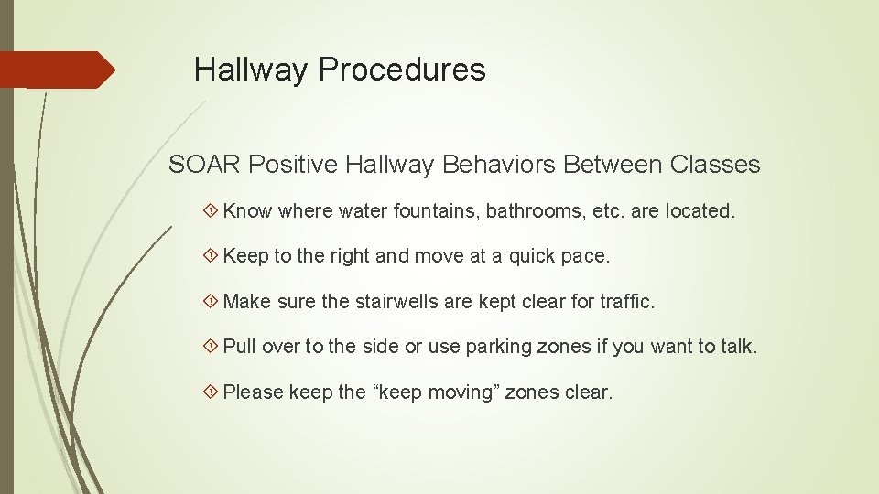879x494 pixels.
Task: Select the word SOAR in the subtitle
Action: click(205, 165)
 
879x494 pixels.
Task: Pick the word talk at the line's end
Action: click(740, 347)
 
